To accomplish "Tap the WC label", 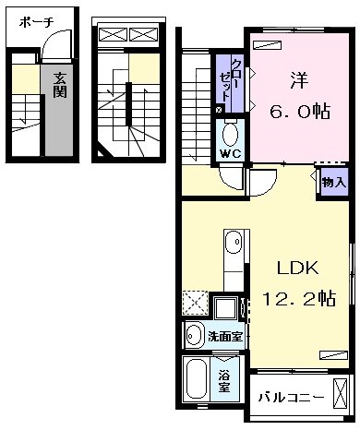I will pyautogui.click(x=230, y=153).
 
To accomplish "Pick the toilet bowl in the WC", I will pyautogui.click(x=230, y=130).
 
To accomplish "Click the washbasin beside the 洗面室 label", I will pyautogui.click(x=195, y=335).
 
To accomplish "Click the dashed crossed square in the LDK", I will pyautogui.click(x=195, y=303).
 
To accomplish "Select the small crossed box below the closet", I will pyautogui.click(x=218, y=110).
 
